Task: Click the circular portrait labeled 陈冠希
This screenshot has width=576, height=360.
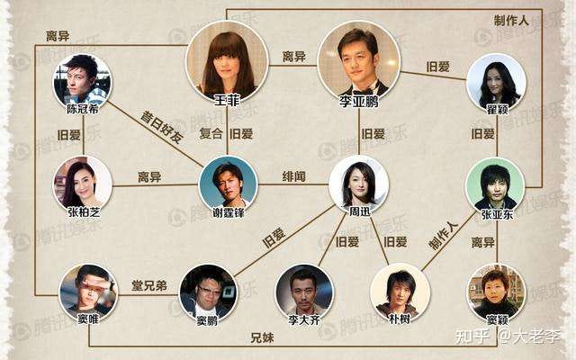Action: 83,79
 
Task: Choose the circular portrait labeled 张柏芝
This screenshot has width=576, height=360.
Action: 82,182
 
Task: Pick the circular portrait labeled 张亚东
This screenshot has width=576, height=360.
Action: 494,185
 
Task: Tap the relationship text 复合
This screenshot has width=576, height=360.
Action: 211,133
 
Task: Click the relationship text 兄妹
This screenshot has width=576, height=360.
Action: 262,338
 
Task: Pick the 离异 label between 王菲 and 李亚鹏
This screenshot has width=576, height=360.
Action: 294,56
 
